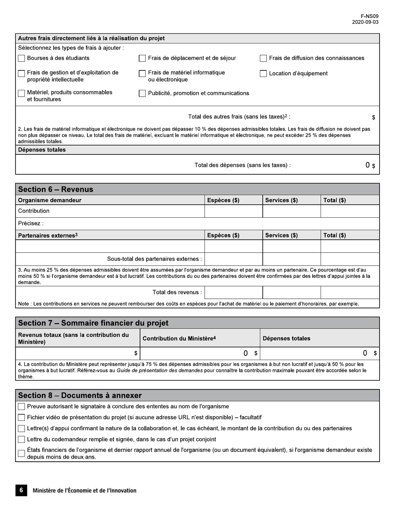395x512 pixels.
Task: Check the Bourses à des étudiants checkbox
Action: [22, 58]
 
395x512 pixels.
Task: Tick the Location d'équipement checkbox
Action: [263, 74]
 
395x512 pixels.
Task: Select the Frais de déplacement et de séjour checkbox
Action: [142, 58]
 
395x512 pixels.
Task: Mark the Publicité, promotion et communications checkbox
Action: [142, 94]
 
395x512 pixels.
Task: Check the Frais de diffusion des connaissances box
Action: [263, 58]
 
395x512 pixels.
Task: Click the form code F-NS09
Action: [369, 16]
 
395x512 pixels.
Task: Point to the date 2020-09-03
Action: [365, 22]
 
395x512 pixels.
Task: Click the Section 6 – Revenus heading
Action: [56, 189]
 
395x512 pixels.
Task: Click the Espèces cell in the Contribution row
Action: [233, 211]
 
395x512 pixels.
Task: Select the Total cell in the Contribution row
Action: [350, 211]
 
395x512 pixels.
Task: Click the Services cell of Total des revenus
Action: [291, 292]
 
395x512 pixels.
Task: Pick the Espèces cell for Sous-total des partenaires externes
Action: [233, 259]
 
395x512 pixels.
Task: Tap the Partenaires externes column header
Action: [48, 235]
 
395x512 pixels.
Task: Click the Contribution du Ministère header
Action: [179, 338]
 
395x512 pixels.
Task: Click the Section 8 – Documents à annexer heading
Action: [80, 395]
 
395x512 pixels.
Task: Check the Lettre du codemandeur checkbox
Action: [22, 440]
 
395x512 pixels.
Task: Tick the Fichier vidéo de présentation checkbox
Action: [22, 418]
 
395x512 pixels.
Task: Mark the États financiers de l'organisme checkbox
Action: [22, 453]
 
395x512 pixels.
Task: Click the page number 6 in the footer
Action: [21, 490]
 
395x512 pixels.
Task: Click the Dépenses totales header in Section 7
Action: [286, 338]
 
